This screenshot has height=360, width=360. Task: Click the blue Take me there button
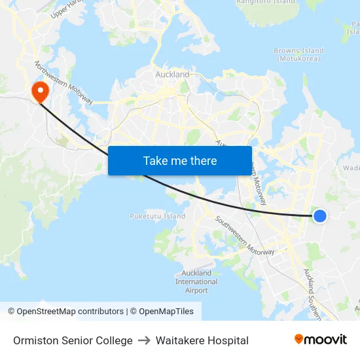(x=180, y=160)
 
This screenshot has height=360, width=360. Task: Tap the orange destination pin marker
(x=40, y=91)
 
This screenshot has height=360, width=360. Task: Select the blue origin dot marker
(x=319, y=215)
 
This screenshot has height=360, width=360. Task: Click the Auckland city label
(x=172, y=75)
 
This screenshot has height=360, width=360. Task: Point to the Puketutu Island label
(x=157, y=216)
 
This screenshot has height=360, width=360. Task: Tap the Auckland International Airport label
(x=196, y=281)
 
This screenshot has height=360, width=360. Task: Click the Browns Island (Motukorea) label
(x=299, y=54)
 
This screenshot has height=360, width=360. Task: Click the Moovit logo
(x=321, y=340)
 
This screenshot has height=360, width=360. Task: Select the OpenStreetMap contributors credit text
(x=65, y=312)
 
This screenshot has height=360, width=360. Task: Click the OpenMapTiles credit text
(x=164, y=312)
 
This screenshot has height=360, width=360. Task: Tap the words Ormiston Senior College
(x=73, y=340)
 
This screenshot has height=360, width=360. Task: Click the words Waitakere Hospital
(x=207, y=340)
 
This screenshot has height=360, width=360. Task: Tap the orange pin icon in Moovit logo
(x=299, y=339)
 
